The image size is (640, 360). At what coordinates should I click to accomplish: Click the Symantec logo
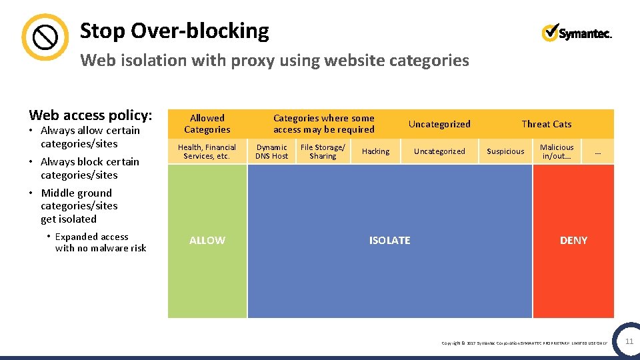pyautogui.click(x=577, y=32)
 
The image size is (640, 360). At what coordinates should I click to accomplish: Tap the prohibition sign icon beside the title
pyautogui.click(x=45, y=37)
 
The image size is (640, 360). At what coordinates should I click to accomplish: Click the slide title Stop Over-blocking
pyautogui.click(x=174, y=31)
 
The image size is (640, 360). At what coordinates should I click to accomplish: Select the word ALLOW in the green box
pyautogui.click(x=207, y=240)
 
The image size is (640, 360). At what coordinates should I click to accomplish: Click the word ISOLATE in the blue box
pyautogui.click(x=390, y=240)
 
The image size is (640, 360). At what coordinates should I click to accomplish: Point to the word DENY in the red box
pyautogui.click(x=573, y=240)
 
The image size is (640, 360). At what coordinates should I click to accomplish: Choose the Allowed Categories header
pyautogui.click(x=207, y=124)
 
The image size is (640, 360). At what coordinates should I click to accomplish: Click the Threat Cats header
pyautogui.click(x=546, y=124)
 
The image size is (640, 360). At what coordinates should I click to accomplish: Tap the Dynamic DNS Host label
pyautogui.click(x=272, y=151)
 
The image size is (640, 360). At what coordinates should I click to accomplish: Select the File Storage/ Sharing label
pyautogui.click(x=323, y=151)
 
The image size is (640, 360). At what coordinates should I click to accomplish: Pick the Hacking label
pyautogui.click(x=375, y=151)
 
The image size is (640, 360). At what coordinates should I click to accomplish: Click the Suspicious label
pyautogui.click(x=505, y=151)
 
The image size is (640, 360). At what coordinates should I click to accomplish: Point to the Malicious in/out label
pyautogui.click(x=557, y=151)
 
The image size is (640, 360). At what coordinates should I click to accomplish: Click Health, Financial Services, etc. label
pyautogui.click(x=207, y=151)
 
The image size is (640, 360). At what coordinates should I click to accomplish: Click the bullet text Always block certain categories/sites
pyautogui.click(x=89, y=168)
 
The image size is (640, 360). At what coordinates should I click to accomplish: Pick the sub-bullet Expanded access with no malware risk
pyautogui.click(x=100, y=242)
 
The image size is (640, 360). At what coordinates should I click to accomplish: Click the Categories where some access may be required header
pyautogui.click(x=324, y=124)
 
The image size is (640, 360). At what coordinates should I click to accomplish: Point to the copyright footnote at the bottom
pyautogui.click(x=525, y=343)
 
